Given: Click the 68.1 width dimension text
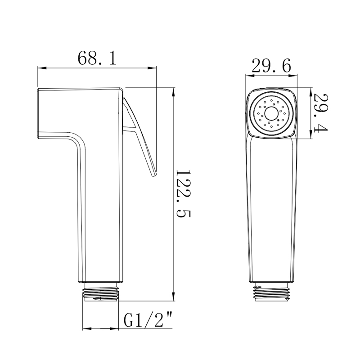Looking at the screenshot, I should tap(97, 58).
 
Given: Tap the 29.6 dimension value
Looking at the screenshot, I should tap(271, 67).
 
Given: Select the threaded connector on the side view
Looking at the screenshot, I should tap(102, 292).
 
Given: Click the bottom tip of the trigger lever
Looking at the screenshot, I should tap(153, 175).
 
